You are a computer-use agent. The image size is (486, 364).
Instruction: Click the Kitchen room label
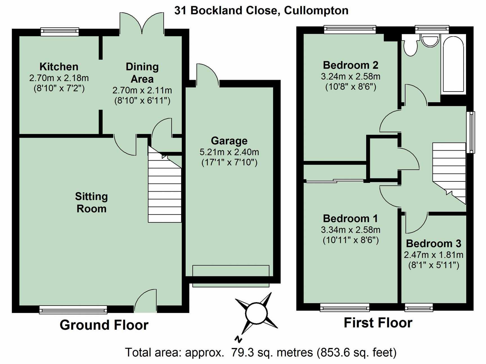(x=59, y=67)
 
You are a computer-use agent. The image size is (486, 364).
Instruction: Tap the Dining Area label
(x=142, y=73)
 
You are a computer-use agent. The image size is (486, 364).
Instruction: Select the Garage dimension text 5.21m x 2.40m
(x=229, y=152)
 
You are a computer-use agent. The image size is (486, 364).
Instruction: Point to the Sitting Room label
(x=91, y=203)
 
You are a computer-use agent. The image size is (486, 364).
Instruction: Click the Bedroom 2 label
(x=350, y=65)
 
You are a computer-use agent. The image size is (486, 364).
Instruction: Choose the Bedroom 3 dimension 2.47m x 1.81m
(x=433, y=255)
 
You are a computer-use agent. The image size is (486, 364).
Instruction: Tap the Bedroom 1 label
(x=350, y=219)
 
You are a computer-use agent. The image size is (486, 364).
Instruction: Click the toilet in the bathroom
(x=410, y=45)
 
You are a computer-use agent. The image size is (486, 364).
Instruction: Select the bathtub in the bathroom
(x=453, y=64)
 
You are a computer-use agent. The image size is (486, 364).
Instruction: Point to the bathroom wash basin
(x=430, y=41)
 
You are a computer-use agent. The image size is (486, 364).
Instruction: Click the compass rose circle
(x=256, y=313)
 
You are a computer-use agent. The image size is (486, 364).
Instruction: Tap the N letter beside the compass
(x=238, y=339)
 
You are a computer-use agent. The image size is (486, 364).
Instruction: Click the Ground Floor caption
(x=104, y=325)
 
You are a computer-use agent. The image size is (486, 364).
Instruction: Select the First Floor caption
(x=378, y=323)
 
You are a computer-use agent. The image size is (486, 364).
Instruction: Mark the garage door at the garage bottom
(x=231, y=276)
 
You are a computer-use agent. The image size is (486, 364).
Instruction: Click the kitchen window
(x=60, y=31)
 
